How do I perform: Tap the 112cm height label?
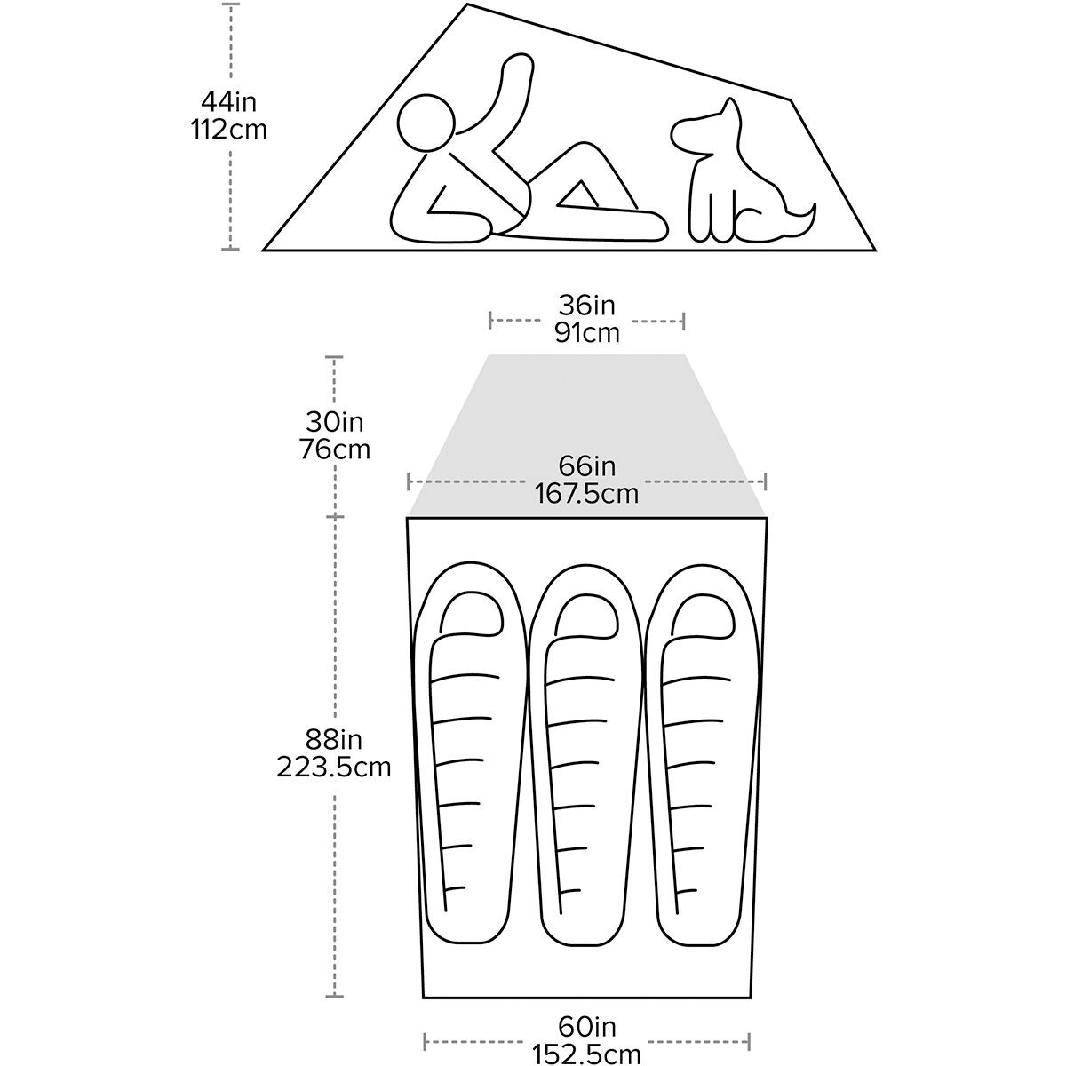pyautogui.click(x=228, y=129)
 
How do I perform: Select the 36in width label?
pyautogui.click(x=586, y=306)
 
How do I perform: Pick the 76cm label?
pyautogui.click(x=334, y=449)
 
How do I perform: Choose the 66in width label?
pyautogui.click(x=586, y=466)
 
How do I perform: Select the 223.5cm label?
pyautogui.click(x=334, y=766)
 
